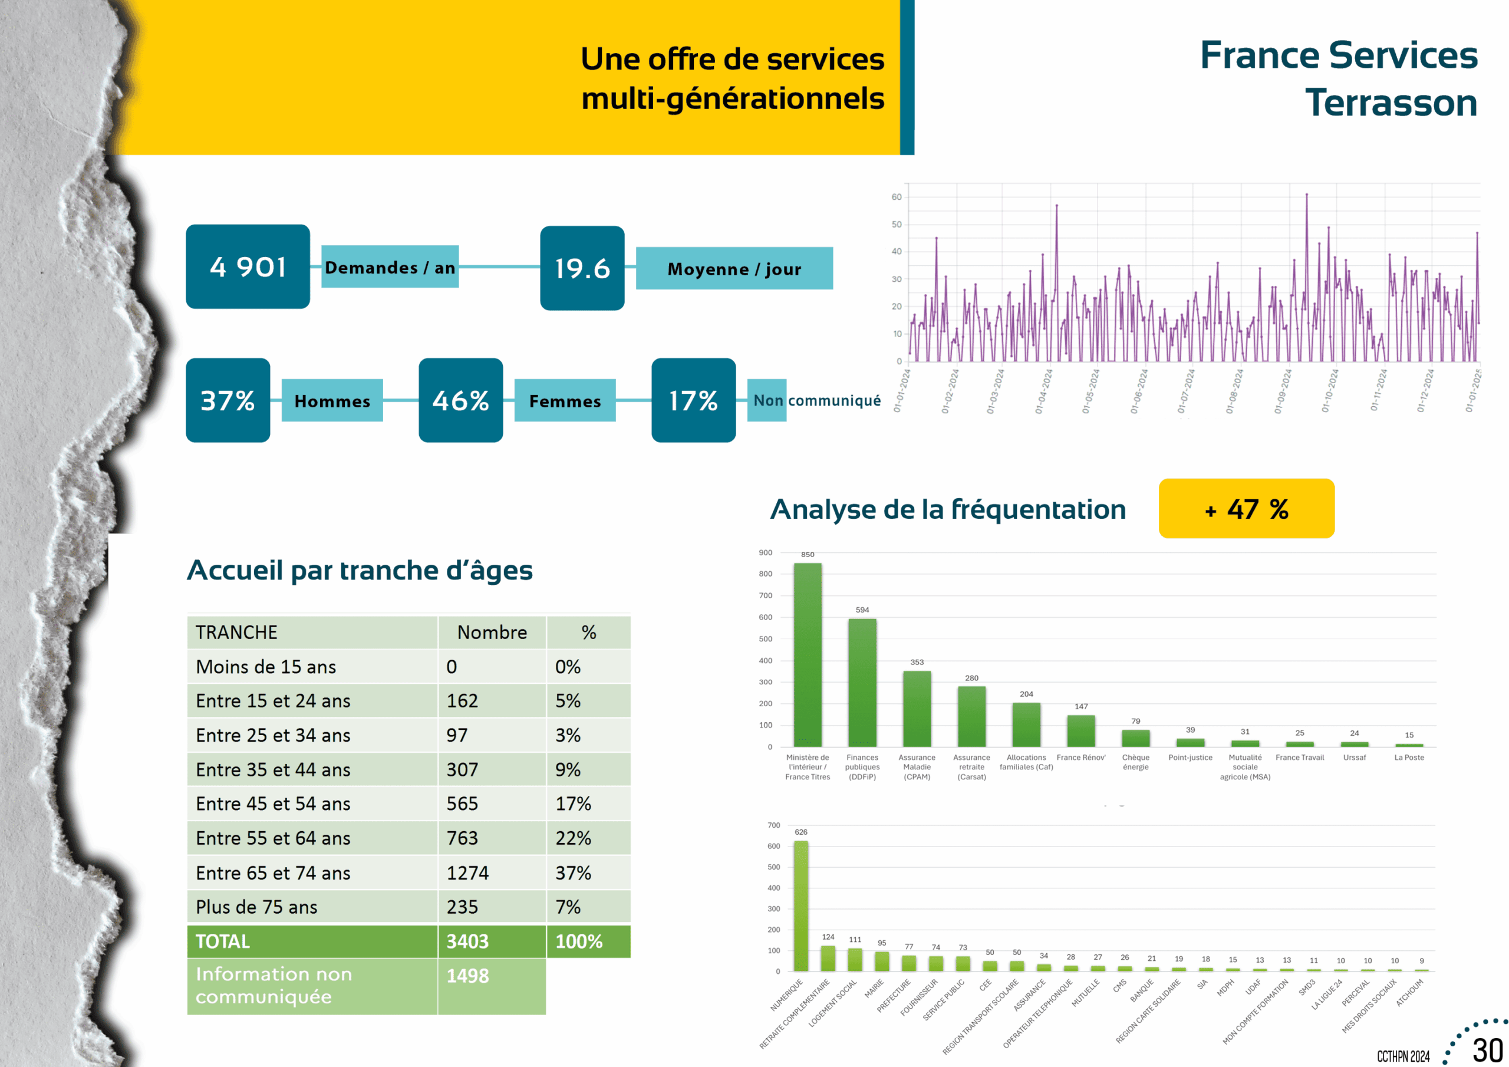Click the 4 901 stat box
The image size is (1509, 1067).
248,266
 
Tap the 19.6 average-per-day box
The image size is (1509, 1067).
582,268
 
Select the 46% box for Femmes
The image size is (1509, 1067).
461,400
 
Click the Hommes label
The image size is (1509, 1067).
332,400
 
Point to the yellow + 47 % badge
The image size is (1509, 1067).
1246,508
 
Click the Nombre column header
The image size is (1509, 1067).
492,632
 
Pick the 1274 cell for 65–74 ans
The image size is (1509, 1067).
467,872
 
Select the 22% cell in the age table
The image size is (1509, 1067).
573,838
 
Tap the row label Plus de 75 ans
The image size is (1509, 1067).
256,907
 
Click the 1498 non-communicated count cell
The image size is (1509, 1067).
467,976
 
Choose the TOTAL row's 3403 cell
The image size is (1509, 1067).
467,941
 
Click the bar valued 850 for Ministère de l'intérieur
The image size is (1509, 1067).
807,654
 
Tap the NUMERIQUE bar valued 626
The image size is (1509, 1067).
800,905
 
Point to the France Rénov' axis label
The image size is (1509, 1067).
1080,758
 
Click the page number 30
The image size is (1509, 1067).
1487,1050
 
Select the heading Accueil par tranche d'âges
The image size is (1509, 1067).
360,570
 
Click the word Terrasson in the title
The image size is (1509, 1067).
1391,103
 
